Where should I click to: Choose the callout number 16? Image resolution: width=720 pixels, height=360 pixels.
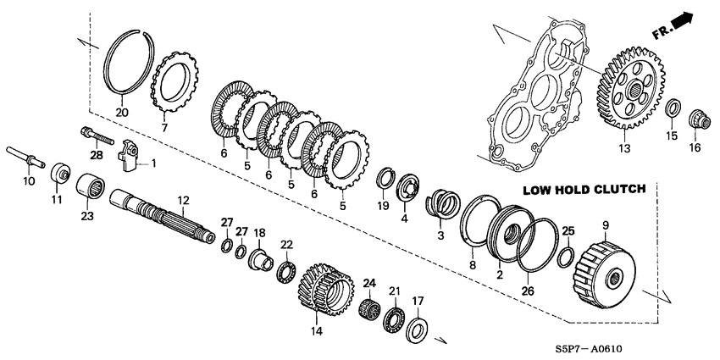click(x=695, y=147)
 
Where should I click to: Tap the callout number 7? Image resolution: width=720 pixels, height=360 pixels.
click(x=164, y=127)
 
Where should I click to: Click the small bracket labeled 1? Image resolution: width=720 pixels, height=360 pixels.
click(x=128, y=155)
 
